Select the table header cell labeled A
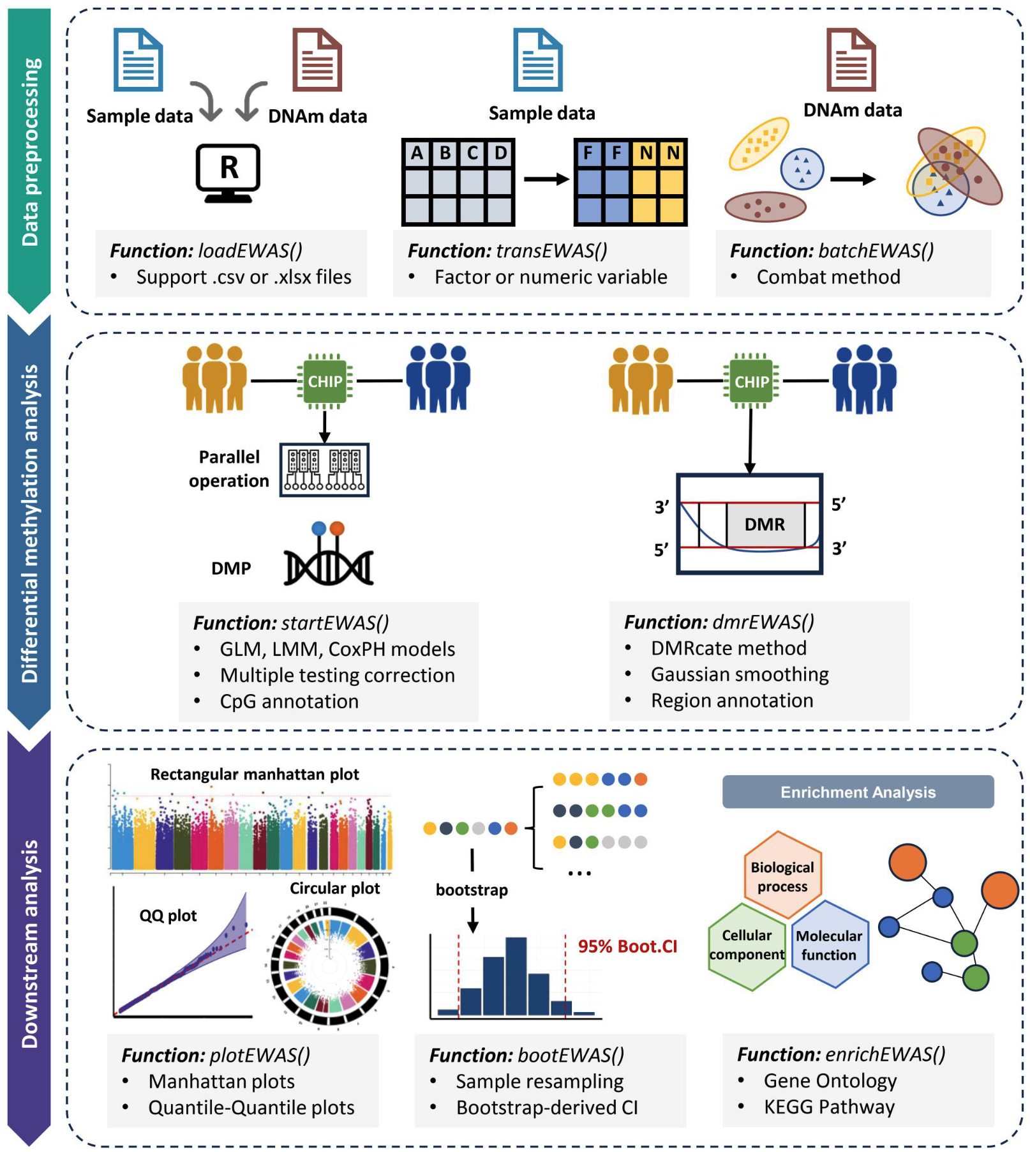(x=417, y=153)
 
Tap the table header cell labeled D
(x=501, y=153)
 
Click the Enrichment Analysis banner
(x=857, y=792)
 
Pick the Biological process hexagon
(x=782, y=875)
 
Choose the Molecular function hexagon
(x=829, y=944)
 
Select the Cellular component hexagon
(x=747, y=945)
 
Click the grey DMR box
(x=765, y=524)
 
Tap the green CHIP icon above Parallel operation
(x=325, y=381)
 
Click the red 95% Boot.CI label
(x=627, y=946)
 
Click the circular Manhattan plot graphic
(x=329, y=966)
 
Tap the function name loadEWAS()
(x=250, y=251)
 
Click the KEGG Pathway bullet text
(x=828, y=1107)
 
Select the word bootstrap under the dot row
(x=472, y=890)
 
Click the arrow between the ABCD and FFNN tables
(x=546, y=179)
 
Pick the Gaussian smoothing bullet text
(x=739, y=674)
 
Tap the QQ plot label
(x=168, y=916)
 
